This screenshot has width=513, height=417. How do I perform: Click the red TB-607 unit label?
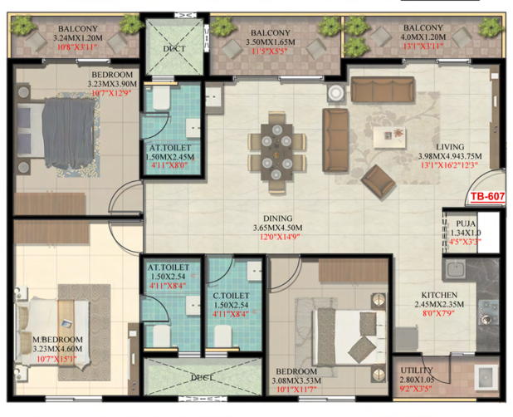(x=487, y=196)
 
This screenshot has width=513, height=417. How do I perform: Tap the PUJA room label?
(x=466, y=223)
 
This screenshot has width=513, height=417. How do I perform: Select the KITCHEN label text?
(x=439, y=295)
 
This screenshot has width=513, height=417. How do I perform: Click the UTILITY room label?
(x=417, y=370)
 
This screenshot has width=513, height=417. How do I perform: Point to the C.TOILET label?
(x=231, y=296)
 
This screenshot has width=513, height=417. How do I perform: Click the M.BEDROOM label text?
(x=57, y=340)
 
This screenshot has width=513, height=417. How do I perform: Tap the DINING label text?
(x=278, y=218)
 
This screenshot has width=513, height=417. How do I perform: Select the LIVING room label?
(x=450, y=147)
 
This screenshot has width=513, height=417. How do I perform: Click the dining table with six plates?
(x=276, y=152)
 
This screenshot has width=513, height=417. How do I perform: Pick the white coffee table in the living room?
(x=389, y=137)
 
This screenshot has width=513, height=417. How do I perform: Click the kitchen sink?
(x=454, y=269)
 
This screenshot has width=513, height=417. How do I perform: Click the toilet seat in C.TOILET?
(x=222, y=336)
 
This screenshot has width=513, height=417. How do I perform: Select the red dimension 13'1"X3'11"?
(x=423, y=47)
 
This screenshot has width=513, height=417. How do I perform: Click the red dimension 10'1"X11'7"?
(x=296, y=390)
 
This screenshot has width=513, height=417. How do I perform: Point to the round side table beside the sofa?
(x=336, y=93)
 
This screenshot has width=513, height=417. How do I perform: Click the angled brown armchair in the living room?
(x=379, y=182)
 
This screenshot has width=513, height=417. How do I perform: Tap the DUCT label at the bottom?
(x=202, y=378)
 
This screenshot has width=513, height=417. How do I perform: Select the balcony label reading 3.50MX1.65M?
(x=271, y=42)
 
